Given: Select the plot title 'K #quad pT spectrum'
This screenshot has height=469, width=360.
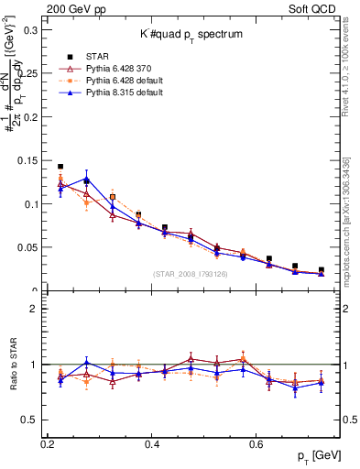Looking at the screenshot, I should pos(190,33).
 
